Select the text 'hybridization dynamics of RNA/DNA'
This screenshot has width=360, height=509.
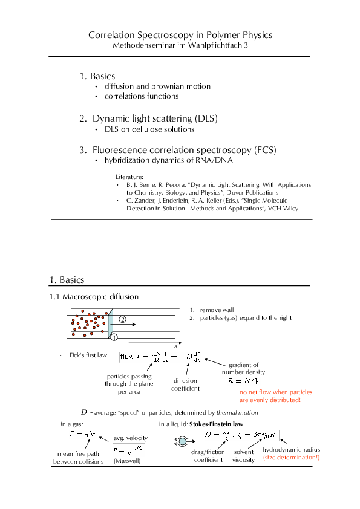(x=168, y=161)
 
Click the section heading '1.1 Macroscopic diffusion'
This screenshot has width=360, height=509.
(x=94, y=297)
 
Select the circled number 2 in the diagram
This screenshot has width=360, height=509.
(x=122, y=319)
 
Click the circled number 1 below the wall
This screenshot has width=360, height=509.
(x=113, y=336)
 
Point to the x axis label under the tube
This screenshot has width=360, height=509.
(x=175, y=346)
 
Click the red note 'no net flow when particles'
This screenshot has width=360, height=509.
(x=270, y=392)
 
